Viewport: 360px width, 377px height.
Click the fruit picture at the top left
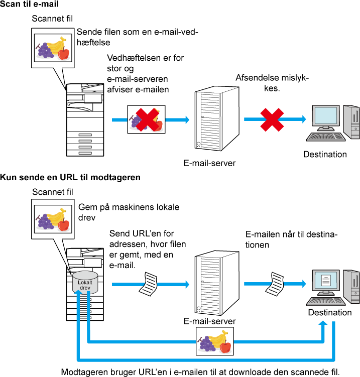click(53, 48)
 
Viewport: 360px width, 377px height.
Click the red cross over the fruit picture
click(147, 119)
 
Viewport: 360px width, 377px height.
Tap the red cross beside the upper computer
click(272, 120)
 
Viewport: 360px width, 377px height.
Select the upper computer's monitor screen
click(325, 115)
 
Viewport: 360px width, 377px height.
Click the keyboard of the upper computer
click(326, 137)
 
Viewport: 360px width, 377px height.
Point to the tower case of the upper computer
click(351, 121)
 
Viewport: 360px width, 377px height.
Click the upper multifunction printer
click(85, 120)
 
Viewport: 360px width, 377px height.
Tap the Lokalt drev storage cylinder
click(85, 283)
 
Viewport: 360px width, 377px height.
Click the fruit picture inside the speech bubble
click(53, 219)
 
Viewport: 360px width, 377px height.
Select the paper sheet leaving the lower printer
click(149, 284)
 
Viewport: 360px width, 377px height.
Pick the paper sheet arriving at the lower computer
click(275, 284)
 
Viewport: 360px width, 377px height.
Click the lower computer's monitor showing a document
click(325, 280)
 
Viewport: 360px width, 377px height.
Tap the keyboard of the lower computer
click(326, 301)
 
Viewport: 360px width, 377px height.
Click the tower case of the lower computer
click(351, 286)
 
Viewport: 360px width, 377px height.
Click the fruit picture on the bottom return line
click(214, 341)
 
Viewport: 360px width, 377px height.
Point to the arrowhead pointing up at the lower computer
click(323, 323)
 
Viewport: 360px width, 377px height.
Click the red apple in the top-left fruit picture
click(63, 53)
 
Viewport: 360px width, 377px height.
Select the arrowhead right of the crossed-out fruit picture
click(187, 119)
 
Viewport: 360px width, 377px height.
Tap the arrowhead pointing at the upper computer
click(303, 119)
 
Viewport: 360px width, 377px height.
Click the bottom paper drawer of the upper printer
click(85, 152)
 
